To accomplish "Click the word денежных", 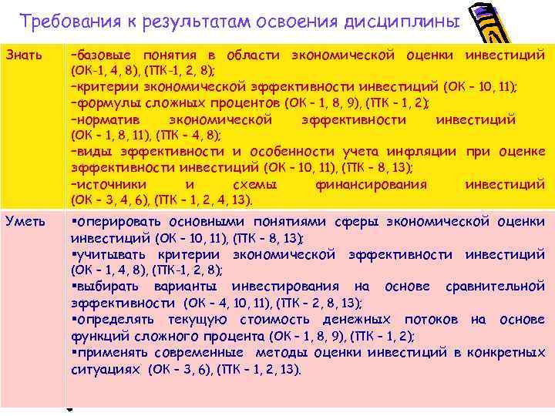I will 356,319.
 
